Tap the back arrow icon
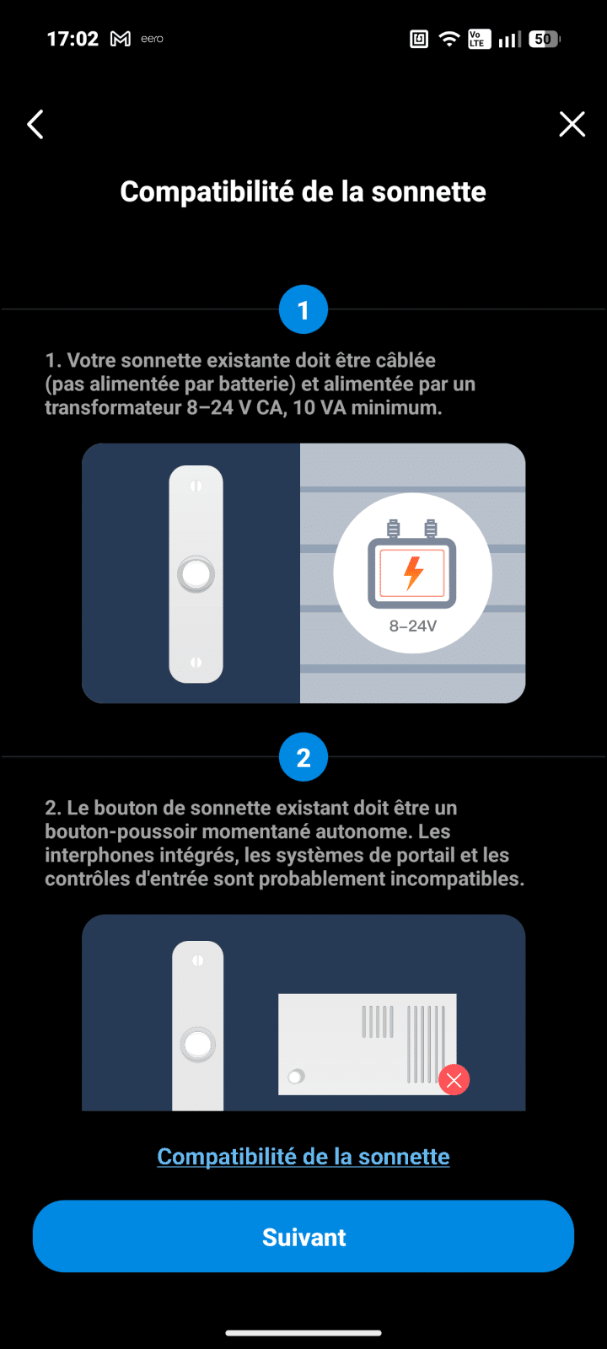pos(35,125)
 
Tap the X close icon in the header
pos(572,125)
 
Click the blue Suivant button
pos(303,1237)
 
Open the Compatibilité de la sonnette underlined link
pos(303,1156)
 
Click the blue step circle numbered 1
pos(303,309)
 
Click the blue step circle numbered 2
pos(303,757)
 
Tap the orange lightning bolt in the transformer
pos(413,572)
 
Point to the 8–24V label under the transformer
pos(412,626)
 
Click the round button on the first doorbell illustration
pos(196,573)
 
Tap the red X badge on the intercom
pos(454,1080)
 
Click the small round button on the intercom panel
pos(296,1076)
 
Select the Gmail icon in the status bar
pos(121,39)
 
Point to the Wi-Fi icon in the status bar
pos(449,39)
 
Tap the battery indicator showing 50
pos(545,39)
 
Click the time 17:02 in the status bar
pos(73,39)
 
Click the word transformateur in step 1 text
pos(113,408)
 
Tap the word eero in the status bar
pos(153,39)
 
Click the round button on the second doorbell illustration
pos(197,1045)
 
